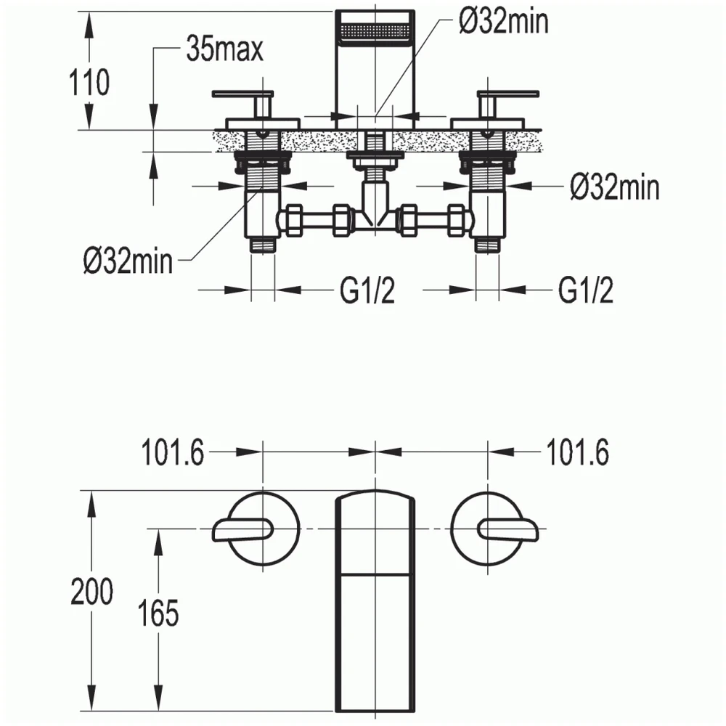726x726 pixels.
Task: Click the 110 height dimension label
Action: point(89,83)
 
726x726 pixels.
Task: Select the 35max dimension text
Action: point(224,49)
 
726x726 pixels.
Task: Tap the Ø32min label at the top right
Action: point(504,21)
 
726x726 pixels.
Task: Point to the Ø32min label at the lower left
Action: point(128,261)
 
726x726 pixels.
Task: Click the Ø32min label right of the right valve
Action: point(614,187)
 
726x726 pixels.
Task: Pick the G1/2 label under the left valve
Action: point(367,290)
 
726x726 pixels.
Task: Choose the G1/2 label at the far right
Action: point(585,290)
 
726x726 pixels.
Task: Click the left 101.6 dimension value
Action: point(172,452)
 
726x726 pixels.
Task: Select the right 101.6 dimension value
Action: point(577,452)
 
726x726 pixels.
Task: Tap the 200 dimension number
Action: point(91,591)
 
